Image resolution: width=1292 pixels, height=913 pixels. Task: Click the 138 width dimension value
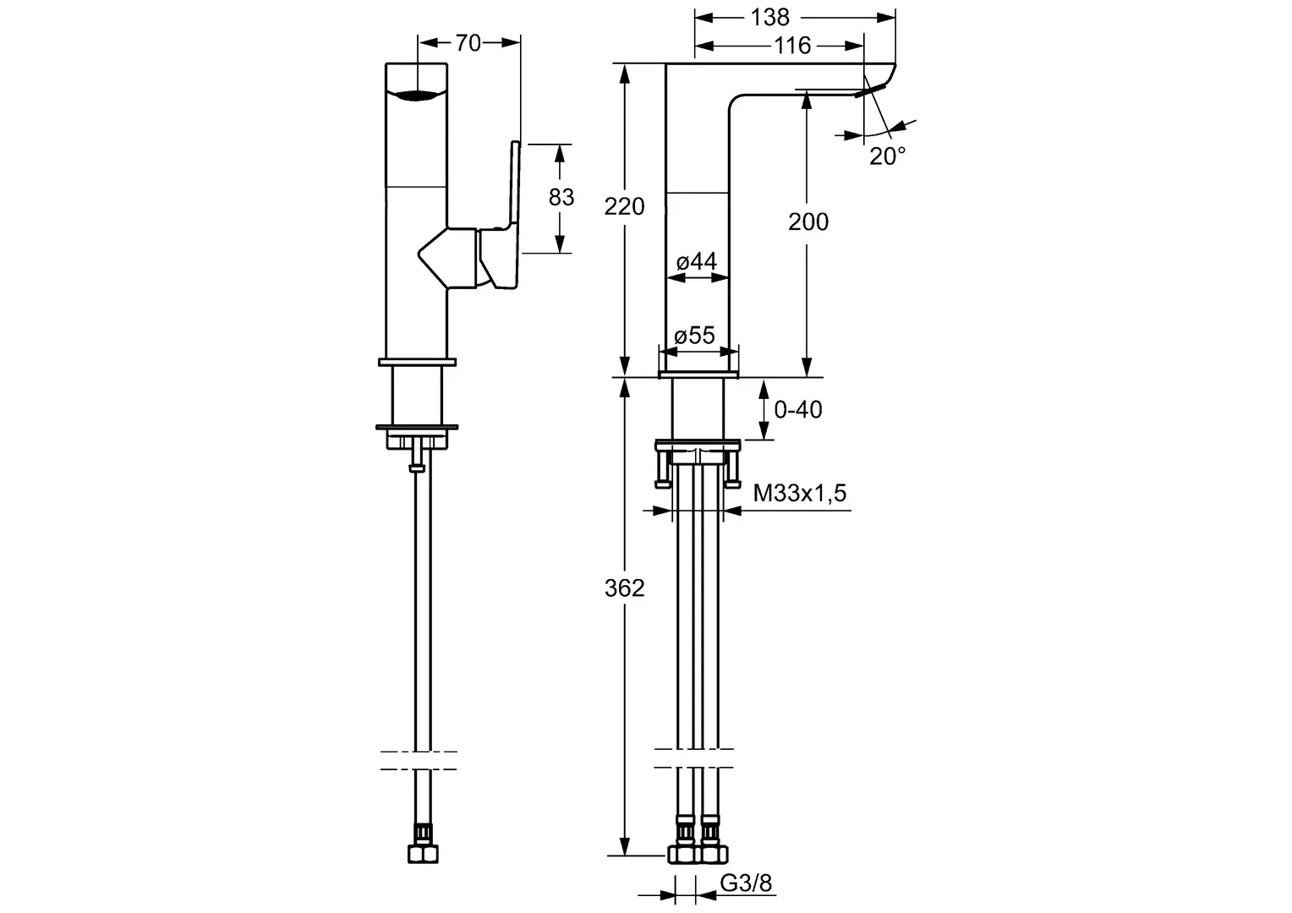click(769, 17)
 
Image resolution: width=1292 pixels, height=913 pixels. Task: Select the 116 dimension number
click(792, 45)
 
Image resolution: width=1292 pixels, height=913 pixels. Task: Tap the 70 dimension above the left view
click(468, 42)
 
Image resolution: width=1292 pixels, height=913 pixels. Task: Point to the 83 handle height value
click(561, 197)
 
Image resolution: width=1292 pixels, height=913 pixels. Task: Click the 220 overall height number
click(624, 206)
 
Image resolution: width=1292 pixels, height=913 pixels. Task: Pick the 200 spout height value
click(808, 221)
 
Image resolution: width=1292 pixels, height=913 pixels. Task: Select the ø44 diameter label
click(697, 261)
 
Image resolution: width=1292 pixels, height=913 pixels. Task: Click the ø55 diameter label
click(694, 335)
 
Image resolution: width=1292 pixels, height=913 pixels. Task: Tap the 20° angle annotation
click(888, 156)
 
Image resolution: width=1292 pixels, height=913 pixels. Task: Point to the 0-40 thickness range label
click(797, 409)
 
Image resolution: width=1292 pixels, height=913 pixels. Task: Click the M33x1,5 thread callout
click(800, 493)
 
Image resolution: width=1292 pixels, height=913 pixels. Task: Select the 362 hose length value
click(624, 588)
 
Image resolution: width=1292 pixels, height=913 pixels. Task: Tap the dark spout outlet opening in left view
click(416, 96)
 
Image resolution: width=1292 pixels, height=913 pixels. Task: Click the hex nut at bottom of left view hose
click(423, 854)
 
